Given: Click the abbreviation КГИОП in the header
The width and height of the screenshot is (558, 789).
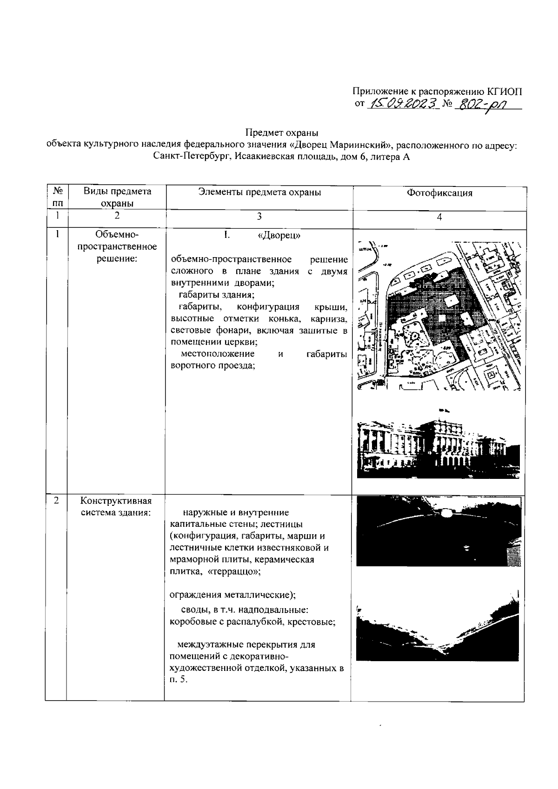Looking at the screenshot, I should pos(504,91).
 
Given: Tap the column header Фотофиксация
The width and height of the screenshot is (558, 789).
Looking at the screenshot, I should pos(439,193).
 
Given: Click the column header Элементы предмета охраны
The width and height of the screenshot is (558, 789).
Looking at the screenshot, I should pos(259,192).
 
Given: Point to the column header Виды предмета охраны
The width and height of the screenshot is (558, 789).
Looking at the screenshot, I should pos(117,197).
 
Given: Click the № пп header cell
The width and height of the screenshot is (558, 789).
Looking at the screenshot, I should pos(58,197).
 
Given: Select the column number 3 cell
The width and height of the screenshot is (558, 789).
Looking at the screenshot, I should pos(259,216).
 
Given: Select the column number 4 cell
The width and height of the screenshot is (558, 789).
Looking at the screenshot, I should pos(439,217).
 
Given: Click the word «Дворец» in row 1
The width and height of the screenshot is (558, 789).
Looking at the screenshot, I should pos(279,235).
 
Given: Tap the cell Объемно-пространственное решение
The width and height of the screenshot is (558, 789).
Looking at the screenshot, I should pos(117,246).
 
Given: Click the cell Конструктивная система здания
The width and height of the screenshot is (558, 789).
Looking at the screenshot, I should pos(116,507).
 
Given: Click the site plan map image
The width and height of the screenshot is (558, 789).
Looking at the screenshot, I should pos(439,316).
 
